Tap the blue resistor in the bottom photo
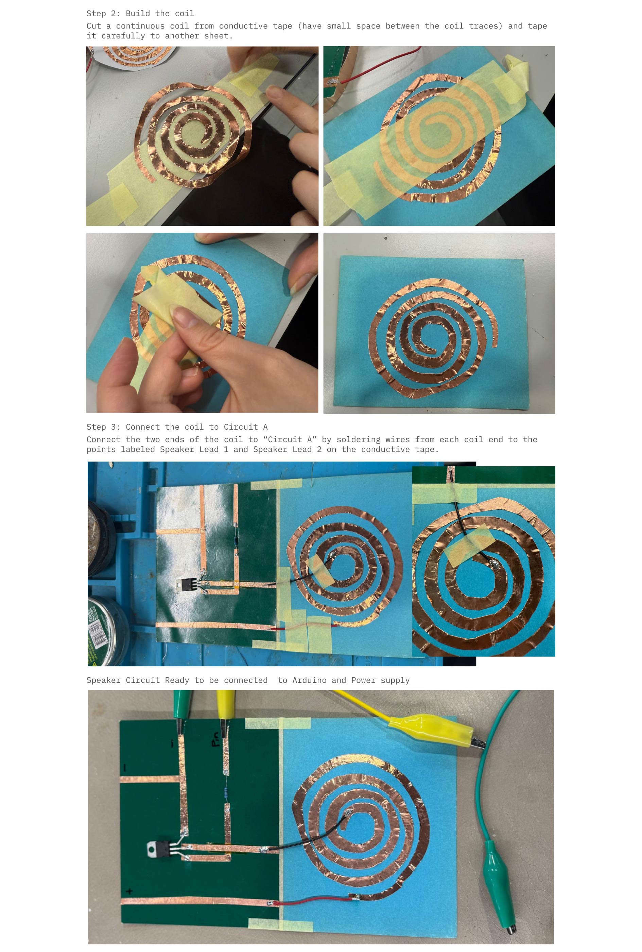click(226, 792)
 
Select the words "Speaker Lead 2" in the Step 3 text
click(287, 449)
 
